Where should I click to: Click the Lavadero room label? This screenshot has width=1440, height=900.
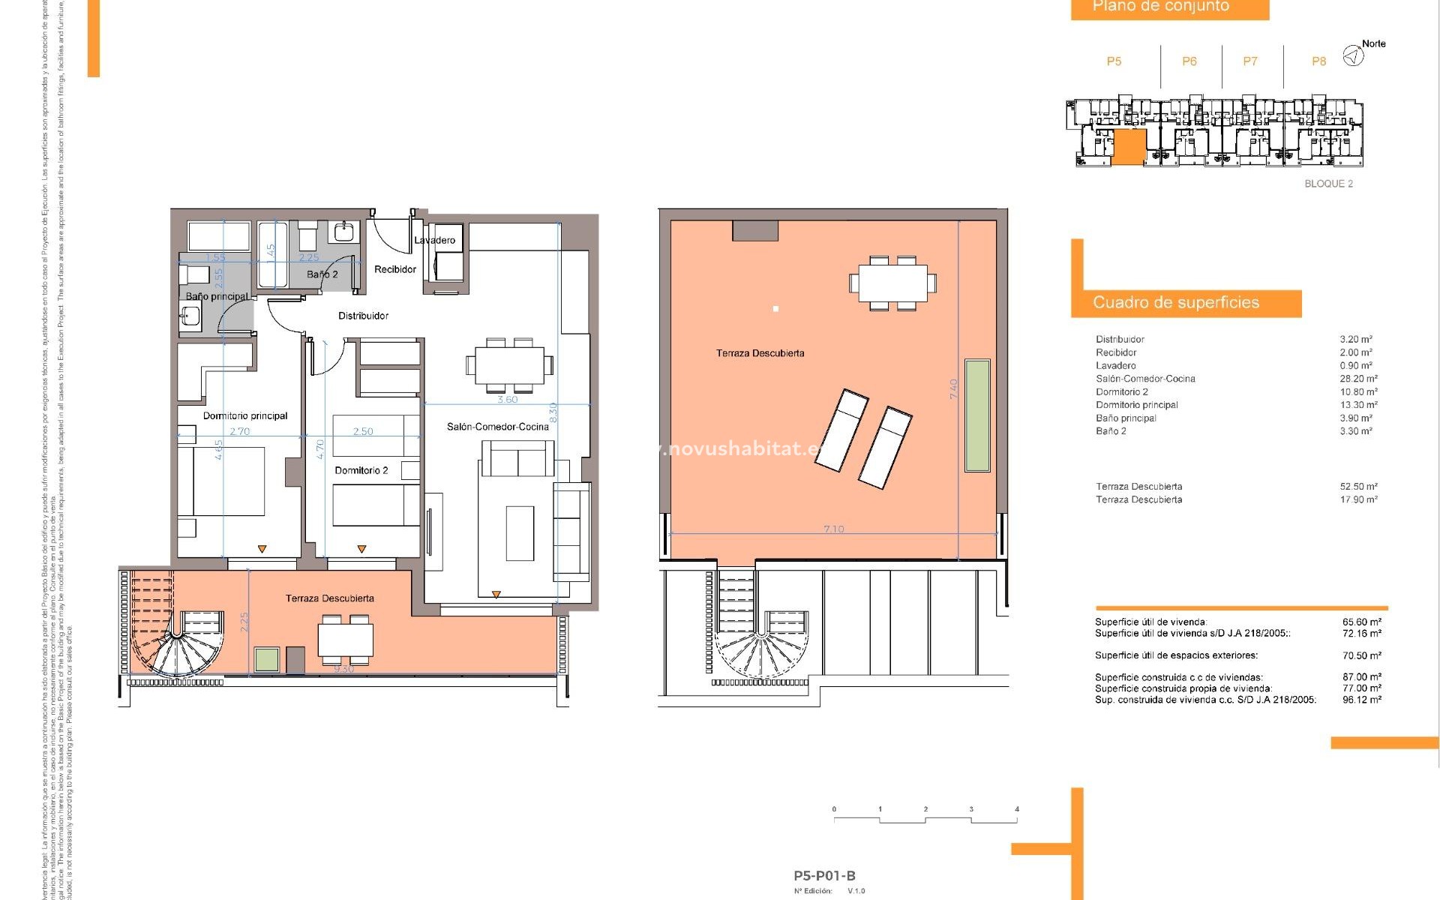click(434, 240)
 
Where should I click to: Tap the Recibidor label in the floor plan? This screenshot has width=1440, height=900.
click(395, 269)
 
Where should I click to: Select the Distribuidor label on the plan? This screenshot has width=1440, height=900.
click(363, 316)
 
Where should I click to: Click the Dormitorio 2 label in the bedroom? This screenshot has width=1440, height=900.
click(361, 470)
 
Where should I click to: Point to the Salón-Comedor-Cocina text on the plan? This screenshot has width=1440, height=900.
click(497, 427)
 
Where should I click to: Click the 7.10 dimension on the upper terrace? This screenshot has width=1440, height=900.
click(833, 529)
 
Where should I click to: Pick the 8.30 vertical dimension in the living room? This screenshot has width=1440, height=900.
click(553, 412)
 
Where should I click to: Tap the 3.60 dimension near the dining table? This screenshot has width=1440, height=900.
click(508, 400)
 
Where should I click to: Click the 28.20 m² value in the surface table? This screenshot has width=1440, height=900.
click(1358, 379)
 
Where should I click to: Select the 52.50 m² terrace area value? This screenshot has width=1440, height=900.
click(1358, 487)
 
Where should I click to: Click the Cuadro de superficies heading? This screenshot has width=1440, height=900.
click(1175, 302)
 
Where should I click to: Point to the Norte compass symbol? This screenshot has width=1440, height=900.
click(1353, 55)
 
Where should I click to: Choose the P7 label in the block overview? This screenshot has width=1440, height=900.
click(1249, 61)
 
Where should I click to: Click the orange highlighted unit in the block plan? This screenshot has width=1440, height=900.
click(1129, 146)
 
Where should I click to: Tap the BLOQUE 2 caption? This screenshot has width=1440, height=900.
click(1328, 184)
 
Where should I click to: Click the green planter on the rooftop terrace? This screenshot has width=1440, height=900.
click(976, 415)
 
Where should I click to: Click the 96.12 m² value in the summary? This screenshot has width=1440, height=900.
click(1361, 700)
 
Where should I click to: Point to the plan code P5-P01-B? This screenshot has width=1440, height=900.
click(824, 875)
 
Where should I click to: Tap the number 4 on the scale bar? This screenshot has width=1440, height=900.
click(1017, 809)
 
